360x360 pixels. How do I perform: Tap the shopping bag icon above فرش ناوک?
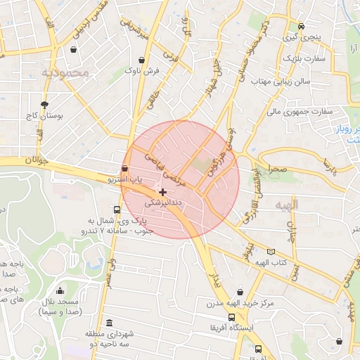[x=143, y=60]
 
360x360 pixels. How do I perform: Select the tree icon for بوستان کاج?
[x=45, y=103]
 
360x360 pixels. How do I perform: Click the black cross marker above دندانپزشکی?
[x=163, y=191]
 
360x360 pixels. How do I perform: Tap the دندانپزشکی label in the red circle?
[x=163, y=202]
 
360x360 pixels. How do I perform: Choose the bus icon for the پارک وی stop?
[x=117, y=209]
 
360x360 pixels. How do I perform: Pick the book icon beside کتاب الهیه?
[x=271, y=252]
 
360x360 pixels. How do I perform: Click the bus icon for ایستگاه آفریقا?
[x=232, y=317]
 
